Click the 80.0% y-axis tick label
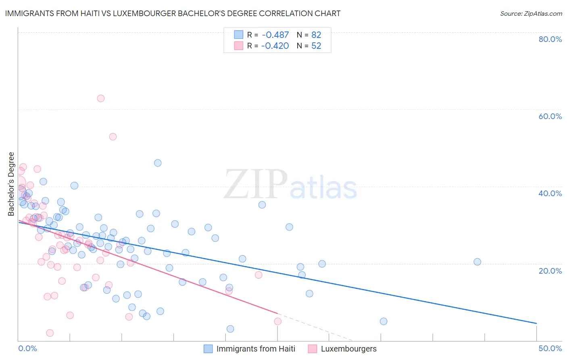[x=550, y=39]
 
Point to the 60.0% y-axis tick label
[x=550, y=116]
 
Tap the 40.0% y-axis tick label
[x=550, y=193]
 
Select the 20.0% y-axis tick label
[x=550, y=270]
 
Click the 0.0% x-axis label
[x=27, y=348]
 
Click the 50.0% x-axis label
[x=550, y=348]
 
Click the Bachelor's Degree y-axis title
[x=11, y=184]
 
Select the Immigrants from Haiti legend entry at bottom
[x=255, y=349]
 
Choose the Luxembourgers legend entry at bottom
[x=348, y=349]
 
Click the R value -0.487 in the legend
[x=275, y=35]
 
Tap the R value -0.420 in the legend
[x=275, y=46]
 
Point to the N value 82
[x=316, y=35]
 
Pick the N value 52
[x=316, y=46]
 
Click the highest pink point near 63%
[x=101, y=98]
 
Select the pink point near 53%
[x=113, y=137]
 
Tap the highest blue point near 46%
[x=158, y=163]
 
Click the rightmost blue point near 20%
[x=477, y=262]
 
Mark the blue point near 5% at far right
[x=384, y=321]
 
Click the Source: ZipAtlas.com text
[x=531, y=14]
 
